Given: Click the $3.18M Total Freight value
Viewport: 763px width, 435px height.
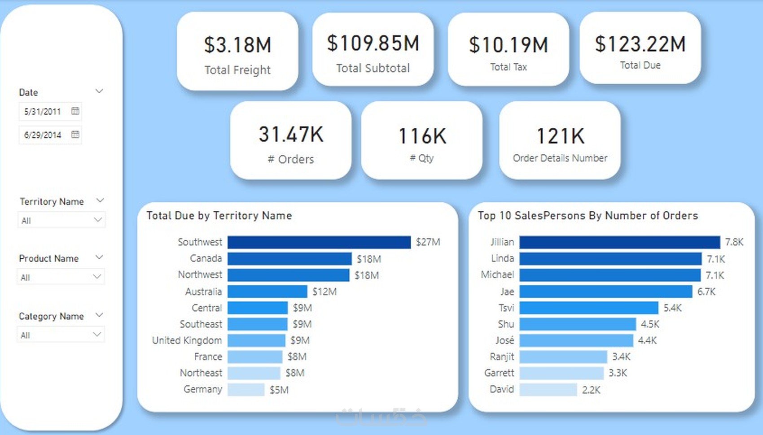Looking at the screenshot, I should pyautogui.click(x=237, y=45).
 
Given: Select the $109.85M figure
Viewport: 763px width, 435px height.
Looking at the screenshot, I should pyautogui.click(x=373, y=43).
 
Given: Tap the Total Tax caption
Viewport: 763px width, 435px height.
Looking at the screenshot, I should pyautogui.click(x=508, y=67).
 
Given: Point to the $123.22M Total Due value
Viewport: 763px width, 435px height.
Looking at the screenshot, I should pyautogui.click(x=640, y=44).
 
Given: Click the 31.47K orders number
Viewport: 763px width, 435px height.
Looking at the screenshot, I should pyautogui.click(x=291, y=135).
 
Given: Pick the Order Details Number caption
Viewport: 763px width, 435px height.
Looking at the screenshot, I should pyautogui.click(x=560, y=158).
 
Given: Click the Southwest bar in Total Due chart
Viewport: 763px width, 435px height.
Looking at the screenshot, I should pyautogui.click(x=319, y=242).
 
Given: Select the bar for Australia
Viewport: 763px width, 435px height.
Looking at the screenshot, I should pyautogui.click(x=267, y=291).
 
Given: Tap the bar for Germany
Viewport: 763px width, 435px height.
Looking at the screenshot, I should pyautogui.click(x=246, y=389).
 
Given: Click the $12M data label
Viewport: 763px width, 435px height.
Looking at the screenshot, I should pyautogui.click(x=324, y=291).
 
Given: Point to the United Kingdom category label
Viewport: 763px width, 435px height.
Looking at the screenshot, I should pyautogui.click(x=187, y=340).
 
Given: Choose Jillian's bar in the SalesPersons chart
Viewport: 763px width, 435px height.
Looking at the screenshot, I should pyautogui.click(x=619, y=242).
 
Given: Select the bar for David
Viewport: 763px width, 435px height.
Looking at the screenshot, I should pyautogui.click(x=548, y=389).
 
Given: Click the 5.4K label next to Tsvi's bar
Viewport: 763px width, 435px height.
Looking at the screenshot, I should pyautogui.click(x=672, y=308).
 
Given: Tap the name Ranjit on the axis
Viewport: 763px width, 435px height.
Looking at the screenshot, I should pyautogui.click(x=502, y=357).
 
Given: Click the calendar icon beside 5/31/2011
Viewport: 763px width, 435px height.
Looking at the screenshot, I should pyautogui.click(x=75, y=111).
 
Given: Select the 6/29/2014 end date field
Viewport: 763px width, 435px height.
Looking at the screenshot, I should pyautogui.click(x=43, y=135).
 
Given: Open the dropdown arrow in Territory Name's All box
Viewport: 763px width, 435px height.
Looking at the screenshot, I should pyautogui.click(x=97, y=220).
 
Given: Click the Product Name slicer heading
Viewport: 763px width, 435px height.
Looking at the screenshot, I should pyautogui.click(x=48, y=259).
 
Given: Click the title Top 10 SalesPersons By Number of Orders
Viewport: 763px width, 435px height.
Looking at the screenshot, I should pyautogui.click(x=588, y=216).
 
